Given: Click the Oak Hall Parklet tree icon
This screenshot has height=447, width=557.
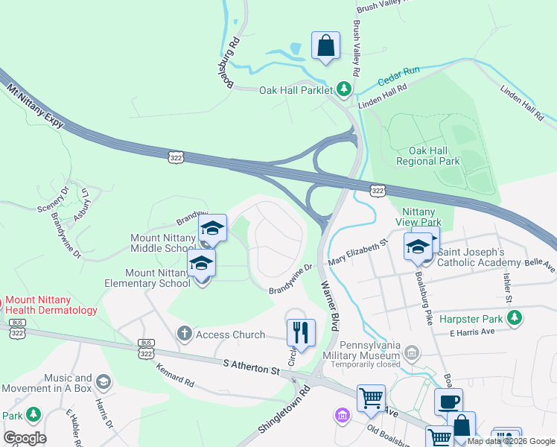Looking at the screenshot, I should [343, 90].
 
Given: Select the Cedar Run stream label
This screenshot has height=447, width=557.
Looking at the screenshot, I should [398, 71].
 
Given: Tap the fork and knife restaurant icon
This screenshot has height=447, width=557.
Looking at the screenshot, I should [301, 332].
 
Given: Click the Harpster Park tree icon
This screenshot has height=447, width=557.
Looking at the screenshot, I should [514, 318].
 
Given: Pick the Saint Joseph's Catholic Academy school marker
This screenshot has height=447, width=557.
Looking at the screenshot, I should [418, 247].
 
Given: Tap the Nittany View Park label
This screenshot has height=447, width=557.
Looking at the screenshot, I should [421, 217].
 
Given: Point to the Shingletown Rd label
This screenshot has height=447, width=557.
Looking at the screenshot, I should [284, 409].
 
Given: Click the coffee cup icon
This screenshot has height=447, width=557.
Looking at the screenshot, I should [448, 402].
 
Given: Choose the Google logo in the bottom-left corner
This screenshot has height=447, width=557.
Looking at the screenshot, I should [25, 438].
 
